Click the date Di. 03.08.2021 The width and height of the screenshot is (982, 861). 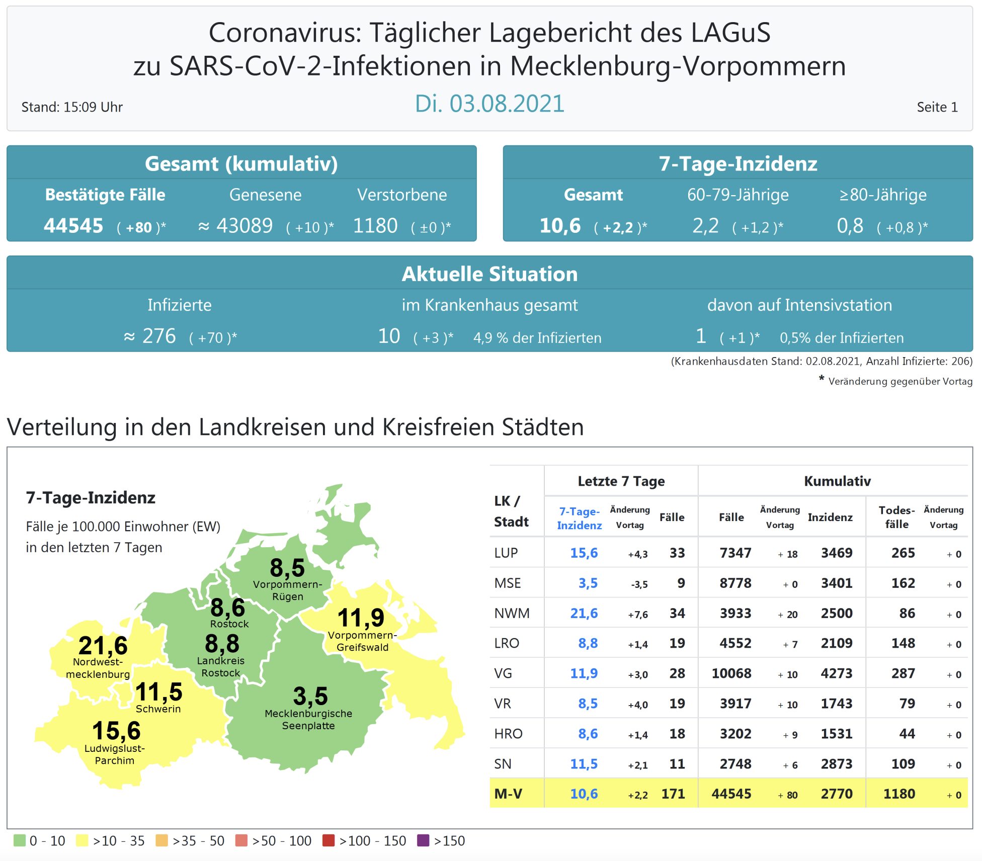pos(489,104)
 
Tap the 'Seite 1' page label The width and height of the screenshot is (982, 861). pos(937,107)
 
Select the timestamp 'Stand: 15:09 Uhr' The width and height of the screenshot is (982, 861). pos(72,107)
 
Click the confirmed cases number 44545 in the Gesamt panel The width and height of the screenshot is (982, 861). pos(73,226)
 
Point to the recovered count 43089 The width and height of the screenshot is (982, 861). pos(244,226)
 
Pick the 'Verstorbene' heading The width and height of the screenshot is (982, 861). pos(402,195)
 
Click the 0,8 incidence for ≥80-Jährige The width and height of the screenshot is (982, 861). pos(850,226)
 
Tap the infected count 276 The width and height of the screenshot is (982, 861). pos(159,336)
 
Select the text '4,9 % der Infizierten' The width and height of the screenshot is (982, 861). pos(537,337)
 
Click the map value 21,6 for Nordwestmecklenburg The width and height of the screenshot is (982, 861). pos(103,645)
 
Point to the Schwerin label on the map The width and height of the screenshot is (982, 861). pos(158,709)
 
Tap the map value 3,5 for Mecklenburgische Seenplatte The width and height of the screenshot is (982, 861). pos(310,697)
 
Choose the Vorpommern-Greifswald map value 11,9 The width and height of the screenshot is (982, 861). pos(361,618)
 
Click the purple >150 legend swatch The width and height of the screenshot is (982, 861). pos(424,840)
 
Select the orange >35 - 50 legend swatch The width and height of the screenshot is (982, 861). pos(161,840)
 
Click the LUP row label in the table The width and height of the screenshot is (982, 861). pos(506,553)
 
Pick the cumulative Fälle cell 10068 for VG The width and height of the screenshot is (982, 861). pos(731,673)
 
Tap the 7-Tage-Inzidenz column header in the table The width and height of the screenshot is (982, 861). pos(580,518)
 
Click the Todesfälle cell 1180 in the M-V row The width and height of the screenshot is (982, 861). pos(899,794)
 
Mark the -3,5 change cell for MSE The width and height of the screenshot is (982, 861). pos(639,584)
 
